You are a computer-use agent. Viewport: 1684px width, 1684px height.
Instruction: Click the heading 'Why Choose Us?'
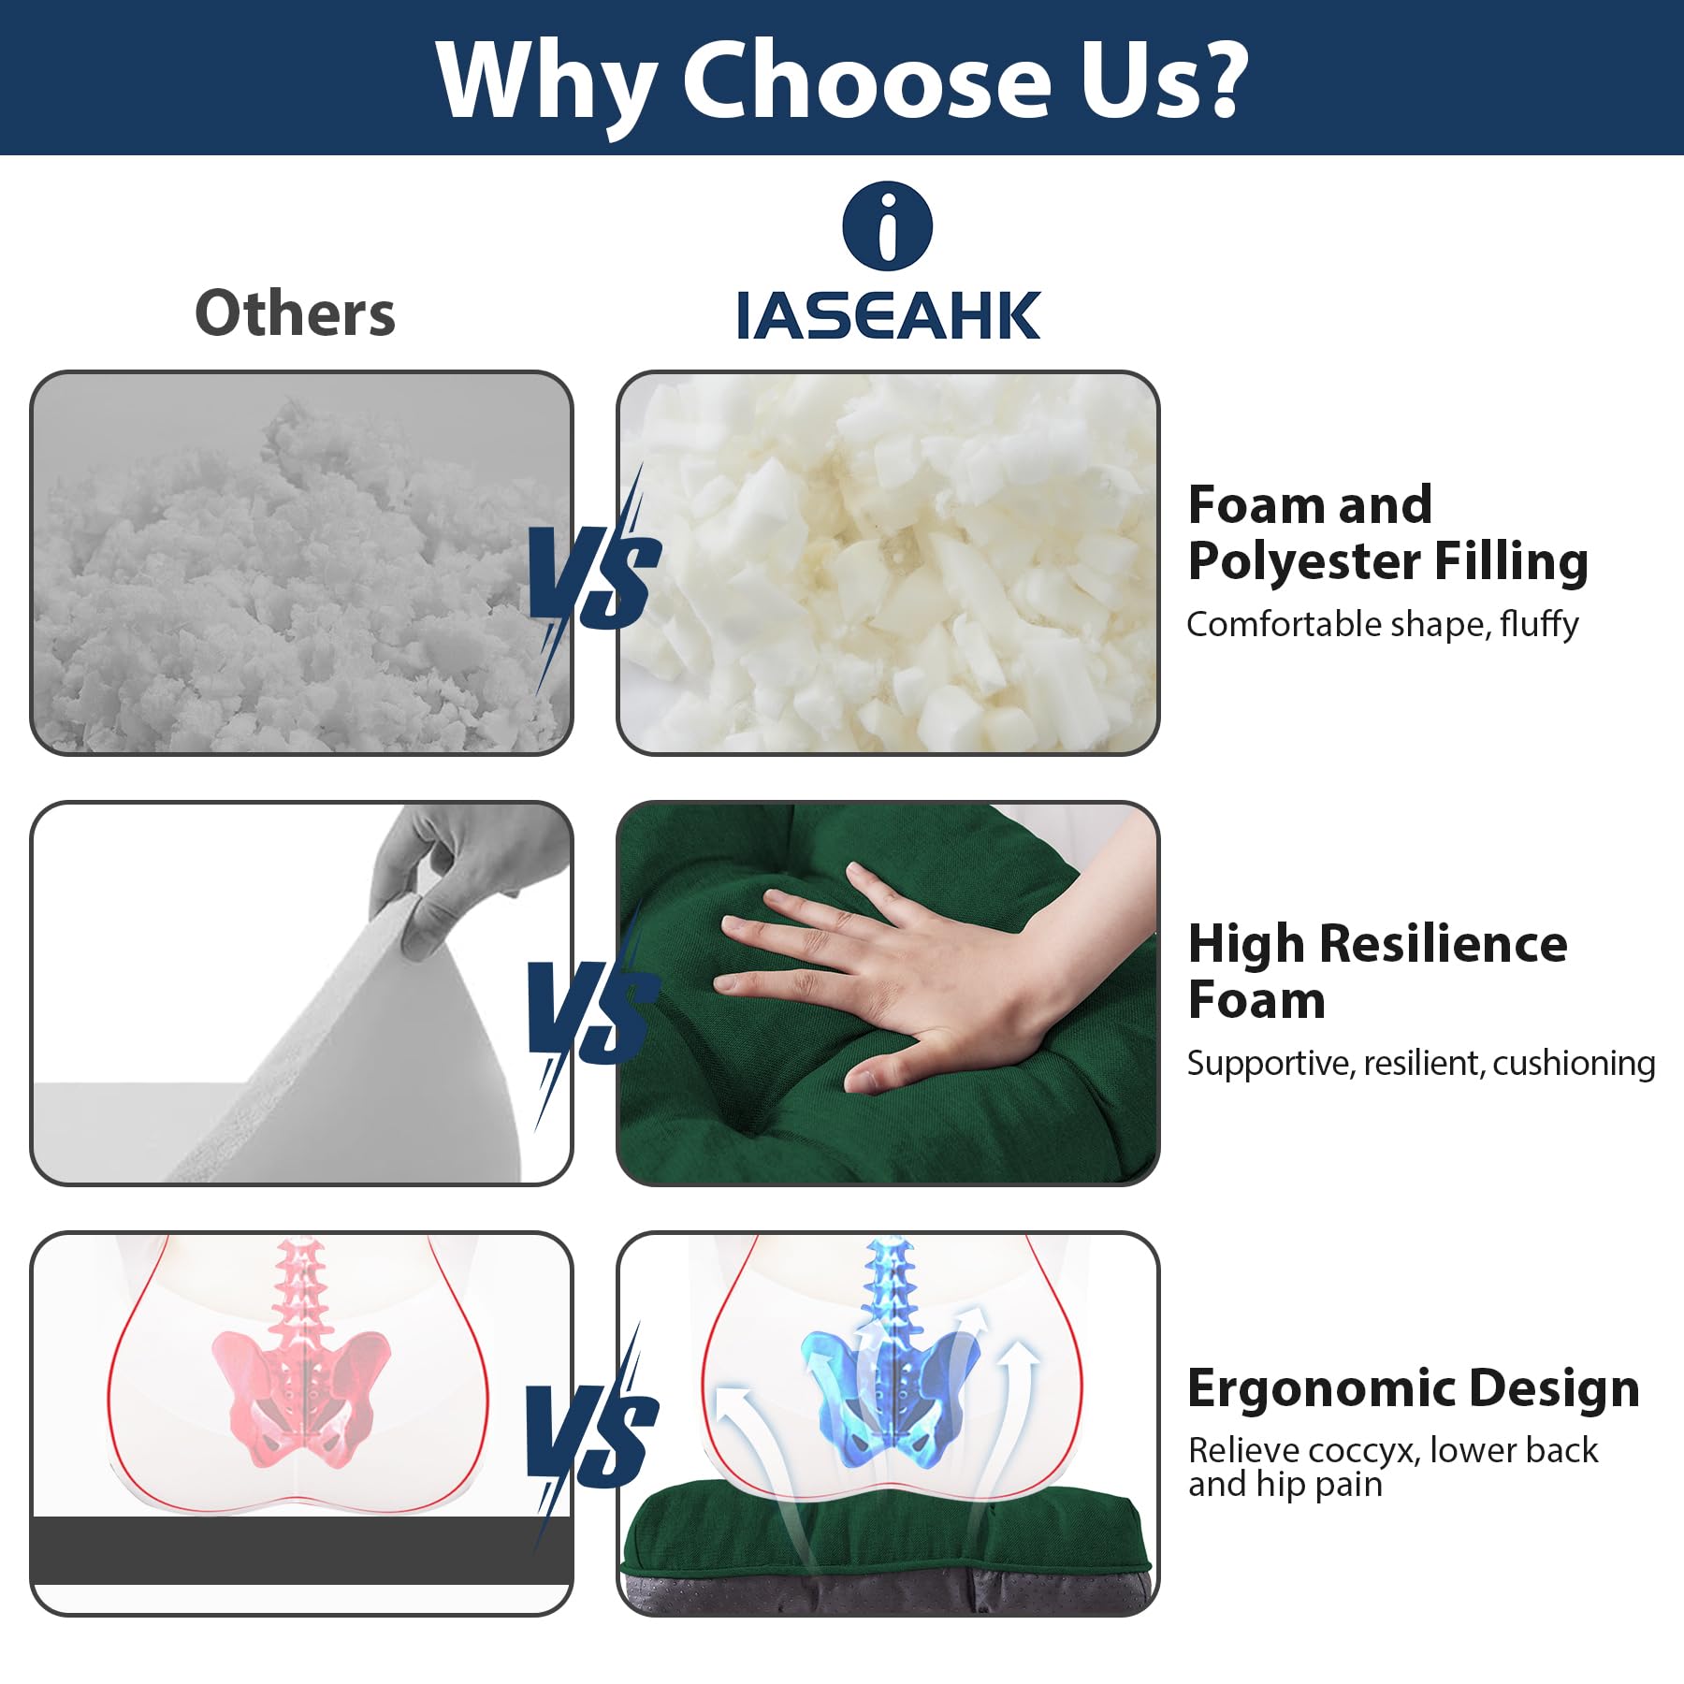(x=842, y=80)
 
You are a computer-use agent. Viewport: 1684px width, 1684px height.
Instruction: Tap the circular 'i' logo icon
(x=887, y=226)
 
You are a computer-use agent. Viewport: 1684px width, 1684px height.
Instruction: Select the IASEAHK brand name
(x=887, y=315)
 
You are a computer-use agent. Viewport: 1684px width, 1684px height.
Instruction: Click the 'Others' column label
(x=295, y=313)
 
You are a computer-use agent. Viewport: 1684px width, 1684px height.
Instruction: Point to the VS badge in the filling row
(x=594, y=575)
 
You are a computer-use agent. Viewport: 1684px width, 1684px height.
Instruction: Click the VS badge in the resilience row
(x=594, y=1010)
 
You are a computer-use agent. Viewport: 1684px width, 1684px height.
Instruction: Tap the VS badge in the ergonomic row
(x=592, y=1436)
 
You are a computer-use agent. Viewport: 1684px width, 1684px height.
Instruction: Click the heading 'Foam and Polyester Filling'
(x=1387, y=533)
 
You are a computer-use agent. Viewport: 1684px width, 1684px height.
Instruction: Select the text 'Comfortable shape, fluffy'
(x=1382, y=624)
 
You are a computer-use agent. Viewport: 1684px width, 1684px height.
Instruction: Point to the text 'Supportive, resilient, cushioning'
(x=1420, y=1063)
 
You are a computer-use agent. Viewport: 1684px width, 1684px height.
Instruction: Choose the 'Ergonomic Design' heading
(x=1413, y=1388)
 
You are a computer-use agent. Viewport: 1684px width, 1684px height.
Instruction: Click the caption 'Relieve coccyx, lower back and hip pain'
(x=1392, y=1466)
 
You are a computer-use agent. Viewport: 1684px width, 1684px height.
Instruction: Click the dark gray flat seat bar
(x=301, y=1551)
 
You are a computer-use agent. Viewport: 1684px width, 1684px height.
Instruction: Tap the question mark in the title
(x=1216, y=80)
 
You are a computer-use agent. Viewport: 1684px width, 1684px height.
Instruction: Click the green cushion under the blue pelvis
(x=887, y=1534)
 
